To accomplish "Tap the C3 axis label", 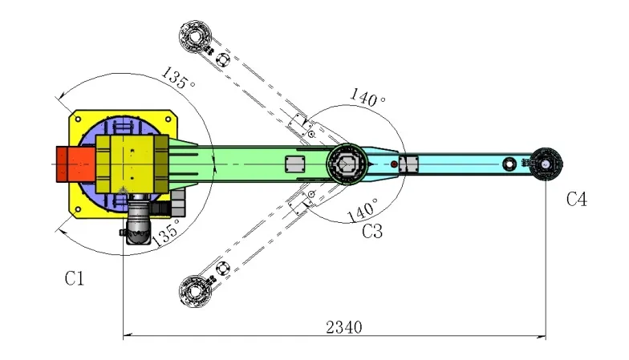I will pos(371,233).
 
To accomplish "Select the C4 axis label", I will pos(575,200).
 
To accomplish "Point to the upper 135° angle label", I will pos(177,81).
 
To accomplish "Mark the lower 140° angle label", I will pos(362,212).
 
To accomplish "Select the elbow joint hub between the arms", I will pos(347,164).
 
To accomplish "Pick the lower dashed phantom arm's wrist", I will pos(196,289).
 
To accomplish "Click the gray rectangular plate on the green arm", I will pos(294,164).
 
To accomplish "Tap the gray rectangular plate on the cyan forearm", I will pos(409,164).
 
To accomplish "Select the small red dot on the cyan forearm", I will pos(394,164).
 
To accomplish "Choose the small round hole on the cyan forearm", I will pos(509,164).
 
